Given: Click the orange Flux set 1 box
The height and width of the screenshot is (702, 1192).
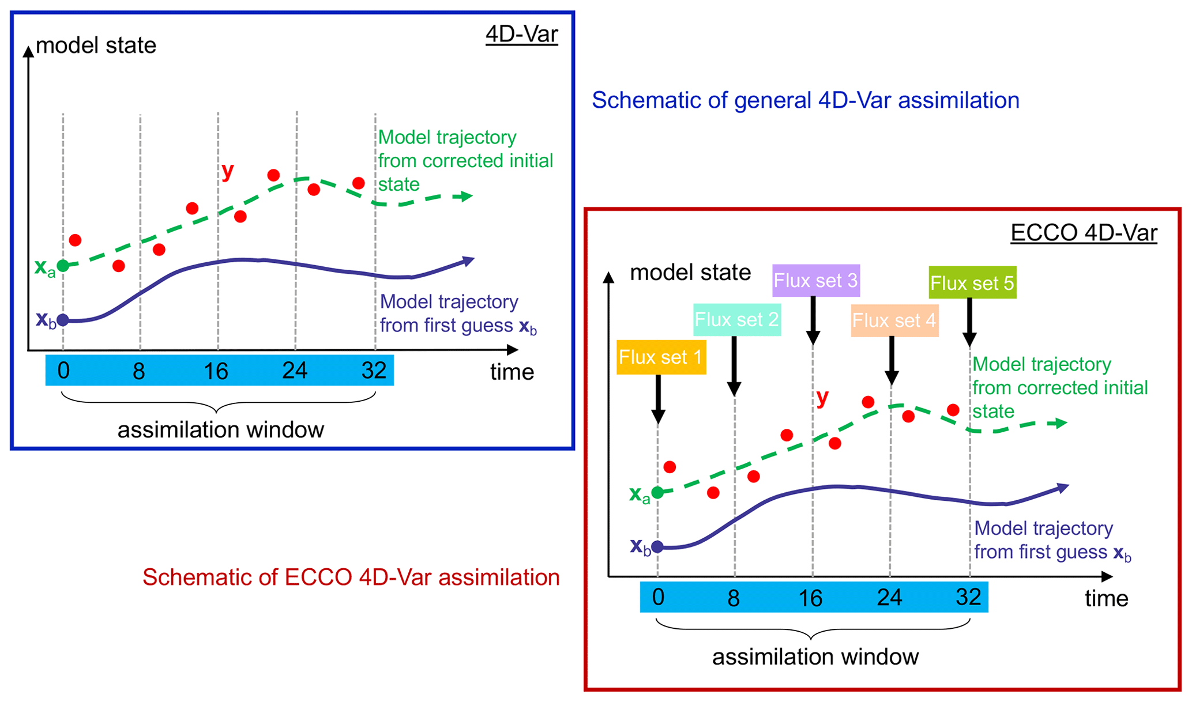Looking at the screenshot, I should pos(661,357).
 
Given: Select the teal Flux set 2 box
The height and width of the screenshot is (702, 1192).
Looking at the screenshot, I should pos(736,320).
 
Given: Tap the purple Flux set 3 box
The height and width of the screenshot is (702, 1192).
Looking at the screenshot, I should pos(815,281).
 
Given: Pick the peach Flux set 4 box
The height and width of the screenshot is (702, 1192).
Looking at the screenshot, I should pos(894,320).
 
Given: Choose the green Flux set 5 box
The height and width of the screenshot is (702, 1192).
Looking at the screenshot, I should pos(972,283).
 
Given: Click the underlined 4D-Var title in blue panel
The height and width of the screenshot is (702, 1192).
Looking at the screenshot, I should pos(521,35).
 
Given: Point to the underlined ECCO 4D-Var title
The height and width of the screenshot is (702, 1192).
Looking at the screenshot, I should pos(1084,233).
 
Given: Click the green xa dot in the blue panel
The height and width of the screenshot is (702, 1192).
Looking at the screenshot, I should pos(63,266).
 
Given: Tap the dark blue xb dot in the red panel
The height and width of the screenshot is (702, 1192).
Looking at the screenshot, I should pos(657,546).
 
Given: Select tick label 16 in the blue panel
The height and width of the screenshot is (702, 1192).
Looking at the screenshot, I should pos(216,371).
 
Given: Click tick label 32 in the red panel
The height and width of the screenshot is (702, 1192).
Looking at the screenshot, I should pos(968,597).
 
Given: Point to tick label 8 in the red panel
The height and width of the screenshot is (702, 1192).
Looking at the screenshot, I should pos(734,598).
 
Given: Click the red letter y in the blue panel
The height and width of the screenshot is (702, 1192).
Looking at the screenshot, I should pos(228,171).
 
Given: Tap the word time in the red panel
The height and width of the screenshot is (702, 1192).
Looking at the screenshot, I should pos(1106,598).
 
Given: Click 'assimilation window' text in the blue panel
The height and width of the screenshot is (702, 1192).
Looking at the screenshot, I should pos(220,430).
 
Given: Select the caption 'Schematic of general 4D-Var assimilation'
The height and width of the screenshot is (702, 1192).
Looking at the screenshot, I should pos(805,100).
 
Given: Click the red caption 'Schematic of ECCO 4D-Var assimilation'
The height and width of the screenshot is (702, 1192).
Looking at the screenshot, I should pos(351,577).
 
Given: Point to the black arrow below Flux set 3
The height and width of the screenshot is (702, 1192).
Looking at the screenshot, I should pos(813,320).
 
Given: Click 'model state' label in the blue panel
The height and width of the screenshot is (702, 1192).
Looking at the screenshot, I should pos(96,46).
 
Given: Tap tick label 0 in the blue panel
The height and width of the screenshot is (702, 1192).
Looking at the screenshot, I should pos(63,371).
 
